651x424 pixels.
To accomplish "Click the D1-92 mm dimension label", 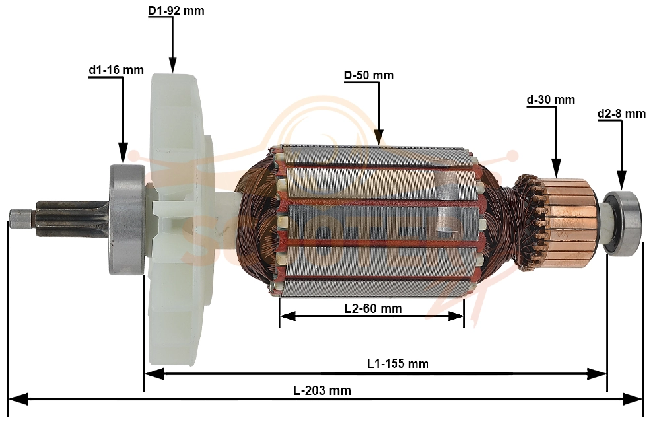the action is pyautogui.click(x=176, y=11).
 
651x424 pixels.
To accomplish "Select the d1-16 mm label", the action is pyautogui.click(x=116, y=70).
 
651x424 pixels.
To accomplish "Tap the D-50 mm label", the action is pyautogui.click(x=368, y=75).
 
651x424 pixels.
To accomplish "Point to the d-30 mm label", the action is pyautogui.click(x=551, y=100).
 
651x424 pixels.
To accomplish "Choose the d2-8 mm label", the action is pyautogui.click(x=621, y=114).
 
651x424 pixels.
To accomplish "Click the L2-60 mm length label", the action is pyautogui.click(x=373, y=308).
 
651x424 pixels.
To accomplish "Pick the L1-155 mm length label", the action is pyautogui.click(x=397, y=364).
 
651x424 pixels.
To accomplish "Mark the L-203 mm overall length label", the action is pyautogui.click(x=322, y=391).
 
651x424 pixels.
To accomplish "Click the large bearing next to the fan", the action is pyautogui.click(x=127, y=220).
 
